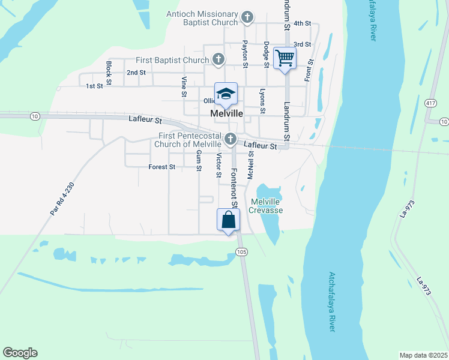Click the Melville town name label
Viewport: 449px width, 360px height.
coord(226,113)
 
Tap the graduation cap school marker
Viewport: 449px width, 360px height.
coord(226,94)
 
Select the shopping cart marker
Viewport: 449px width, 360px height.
coord(285,59)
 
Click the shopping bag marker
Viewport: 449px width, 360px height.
coord(229,220)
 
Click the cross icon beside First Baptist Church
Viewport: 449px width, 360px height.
coord(219,59)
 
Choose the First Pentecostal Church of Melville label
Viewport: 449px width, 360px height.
coord(188,140)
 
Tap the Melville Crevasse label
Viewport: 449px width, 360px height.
coord(267,206)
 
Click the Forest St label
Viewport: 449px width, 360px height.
coord(161,167)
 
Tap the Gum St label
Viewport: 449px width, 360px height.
coord(199,160)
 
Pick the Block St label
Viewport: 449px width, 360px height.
coord(109,71)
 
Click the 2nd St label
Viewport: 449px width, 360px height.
coord(136,73)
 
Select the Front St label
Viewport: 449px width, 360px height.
coord(309,70)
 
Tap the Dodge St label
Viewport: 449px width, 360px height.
coord(266,53)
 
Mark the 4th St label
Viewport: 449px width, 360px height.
coord(302,23)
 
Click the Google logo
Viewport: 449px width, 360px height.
coord(20,353)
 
